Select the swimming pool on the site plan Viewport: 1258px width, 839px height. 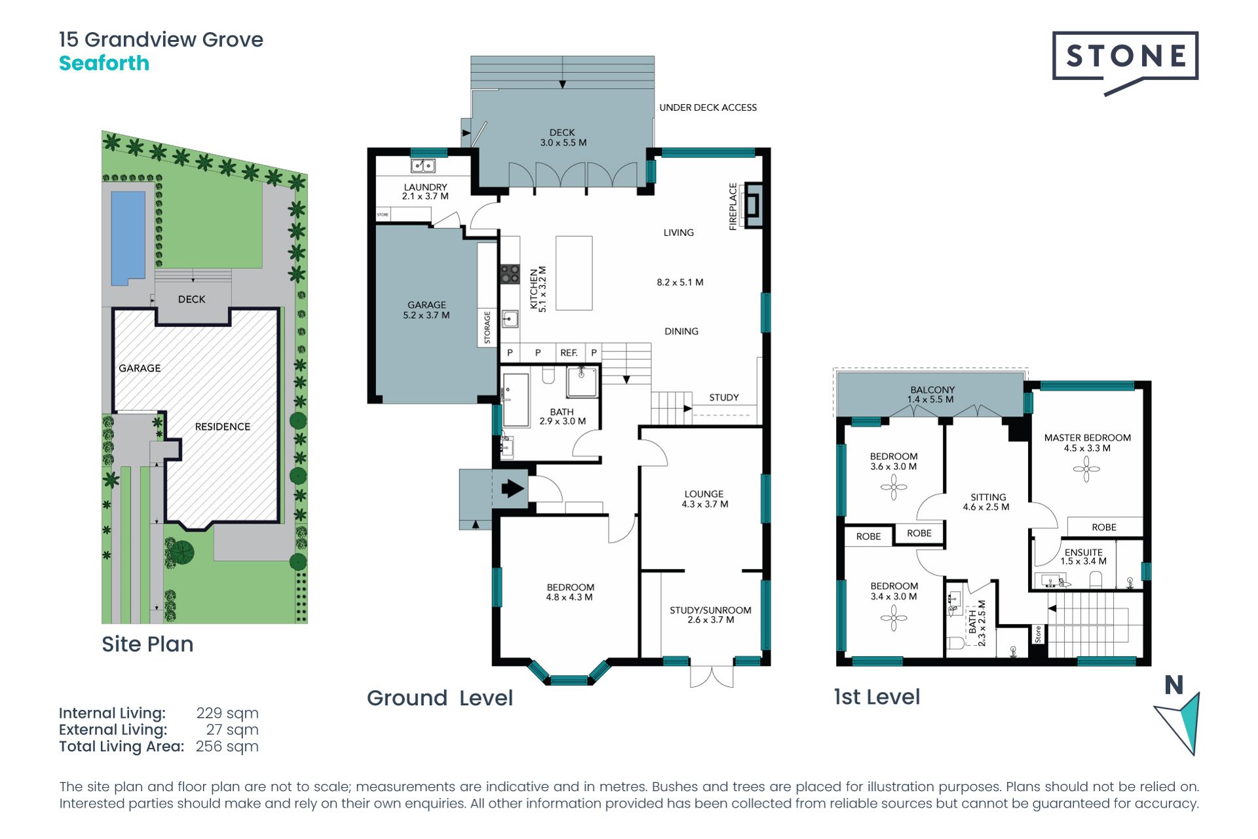pyautogui.click(x=128, y=237)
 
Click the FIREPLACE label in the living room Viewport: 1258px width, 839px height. pyautogui.click(x=733, y=206)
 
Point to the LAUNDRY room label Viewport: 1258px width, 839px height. pyautogui.click(x=425, y=187)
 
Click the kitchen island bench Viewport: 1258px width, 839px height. pyautogui.click(x=574, y=273)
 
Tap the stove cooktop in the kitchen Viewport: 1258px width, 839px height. pyautogui.click(x=510, y=274)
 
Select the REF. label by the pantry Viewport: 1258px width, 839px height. pyautogui.click(x=569, y=353)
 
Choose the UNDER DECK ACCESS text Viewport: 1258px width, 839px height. pyautogui.click(x=708, y=107)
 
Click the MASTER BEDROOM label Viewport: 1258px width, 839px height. pyautogui.click(x=1088, y=438)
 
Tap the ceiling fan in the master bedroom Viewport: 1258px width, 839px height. pyautogui.click(x=1086, y=469)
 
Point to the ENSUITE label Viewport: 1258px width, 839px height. pyautogui.click(x=1084, y=553)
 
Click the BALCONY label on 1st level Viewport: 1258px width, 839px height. pyautogui.click(x=932, y=390)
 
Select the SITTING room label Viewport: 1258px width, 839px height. pyautogui.click(x=988, y=498)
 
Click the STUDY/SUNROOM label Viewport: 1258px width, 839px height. pyautogui.click(x=710, y=610)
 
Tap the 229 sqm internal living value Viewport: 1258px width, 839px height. pyautogui.click(x=227, y=713)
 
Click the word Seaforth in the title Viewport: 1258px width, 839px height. pyautogui.click(x=104, y=64)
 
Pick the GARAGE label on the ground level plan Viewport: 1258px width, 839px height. pyautogui.click(x=427, y=305)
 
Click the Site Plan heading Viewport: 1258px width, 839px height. pyautogui.click(x=147, y=644)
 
